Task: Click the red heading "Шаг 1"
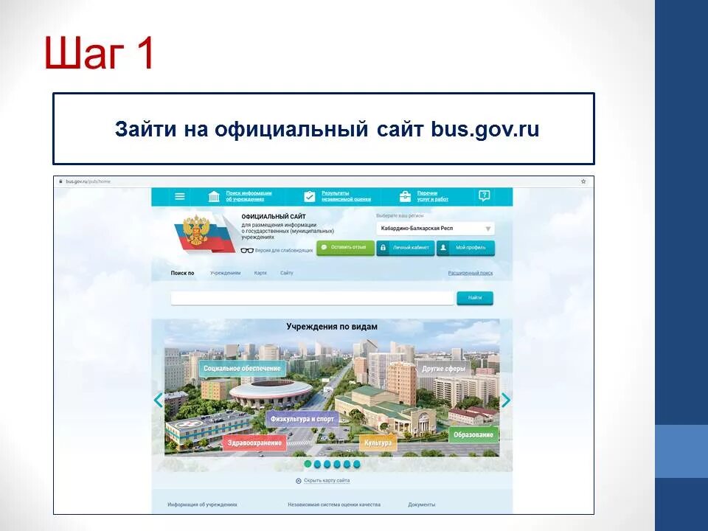click(99, 53)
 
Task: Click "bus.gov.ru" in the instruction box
click(485, 130)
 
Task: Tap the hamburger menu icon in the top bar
click(179, 196)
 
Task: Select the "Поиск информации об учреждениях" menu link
click(248, 196)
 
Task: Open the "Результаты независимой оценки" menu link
click(336, 196)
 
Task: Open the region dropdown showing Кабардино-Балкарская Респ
click(435, 229)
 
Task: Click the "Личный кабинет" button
click(405, 248)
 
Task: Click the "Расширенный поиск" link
click(470, 273)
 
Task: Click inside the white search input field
click(311, 298)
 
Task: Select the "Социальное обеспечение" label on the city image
click(242, 368)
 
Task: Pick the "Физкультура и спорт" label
click(302, 419)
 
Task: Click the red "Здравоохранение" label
click(254, 442)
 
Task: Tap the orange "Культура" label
click(378, 442)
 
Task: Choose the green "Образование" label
click(473, 434)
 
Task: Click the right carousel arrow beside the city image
click(505, 400)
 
